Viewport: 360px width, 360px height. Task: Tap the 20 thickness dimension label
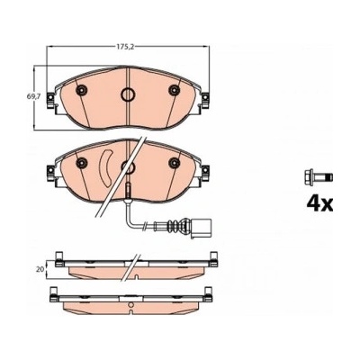click(40, 269)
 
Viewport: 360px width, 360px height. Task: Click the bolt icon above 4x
click(319, 176)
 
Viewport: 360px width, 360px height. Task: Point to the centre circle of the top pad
click(128, 94)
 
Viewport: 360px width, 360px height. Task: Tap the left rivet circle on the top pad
click(82, 90)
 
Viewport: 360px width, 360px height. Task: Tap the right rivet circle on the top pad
click(174, 90)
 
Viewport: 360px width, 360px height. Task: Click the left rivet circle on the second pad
click(82, 163)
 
